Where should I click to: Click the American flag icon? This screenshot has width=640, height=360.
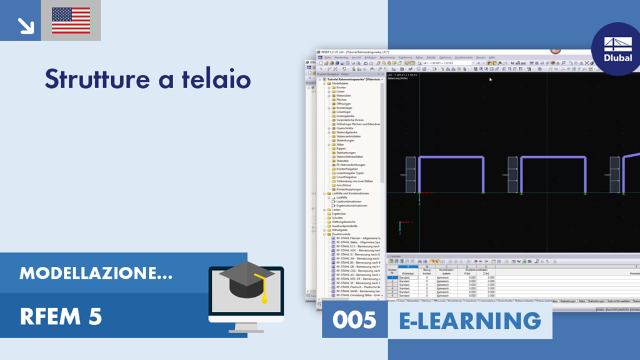point(71,21)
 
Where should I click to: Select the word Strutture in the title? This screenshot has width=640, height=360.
point(94,79)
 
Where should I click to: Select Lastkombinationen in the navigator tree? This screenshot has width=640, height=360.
point(348,201)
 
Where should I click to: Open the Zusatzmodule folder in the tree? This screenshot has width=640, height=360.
point(341,234)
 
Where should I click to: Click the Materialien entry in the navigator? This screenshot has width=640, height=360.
point(344,95)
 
